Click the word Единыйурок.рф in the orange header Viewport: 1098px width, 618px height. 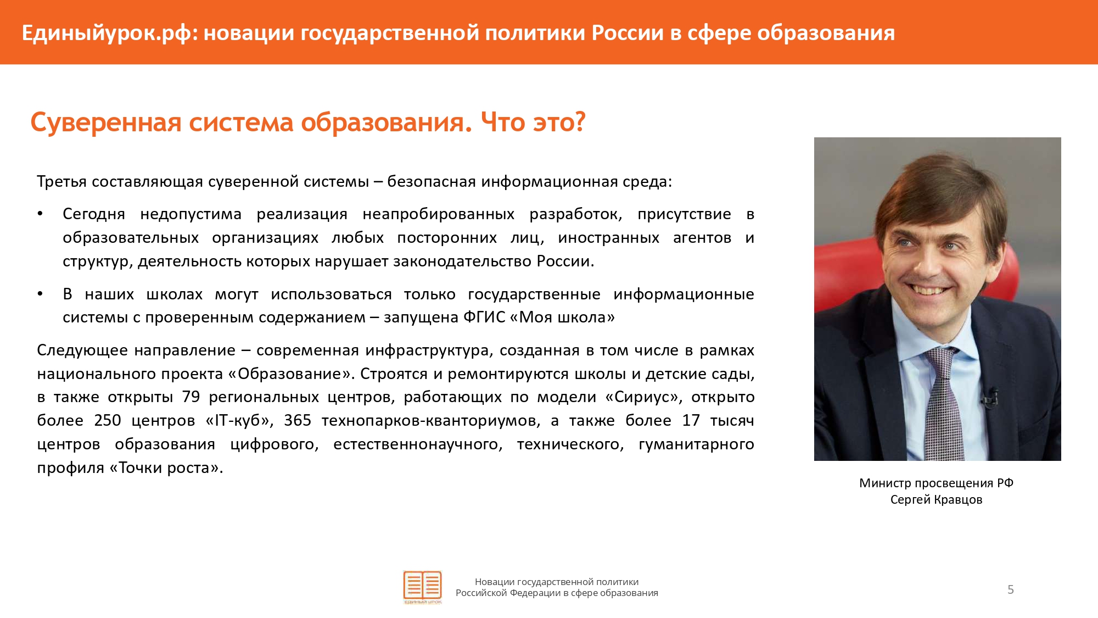107,34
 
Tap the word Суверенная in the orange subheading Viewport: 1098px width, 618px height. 106,122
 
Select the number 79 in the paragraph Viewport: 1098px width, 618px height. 191,397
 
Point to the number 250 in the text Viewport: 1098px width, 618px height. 108,420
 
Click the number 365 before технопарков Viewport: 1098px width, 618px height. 298,420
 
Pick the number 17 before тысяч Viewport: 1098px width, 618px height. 691,420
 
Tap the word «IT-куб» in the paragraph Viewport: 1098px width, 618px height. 239,421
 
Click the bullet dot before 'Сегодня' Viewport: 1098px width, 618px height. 40,214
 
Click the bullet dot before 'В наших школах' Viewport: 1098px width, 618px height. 40,294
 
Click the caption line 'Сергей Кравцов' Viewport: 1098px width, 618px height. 937,500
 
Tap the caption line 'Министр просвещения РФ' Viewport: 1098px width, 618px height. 937,483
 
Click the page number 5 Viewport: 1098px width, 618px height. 1011,590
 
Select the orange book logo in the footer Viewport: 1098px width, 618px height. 422,586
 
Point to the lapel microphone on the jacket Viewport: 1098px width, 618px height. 990,396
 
